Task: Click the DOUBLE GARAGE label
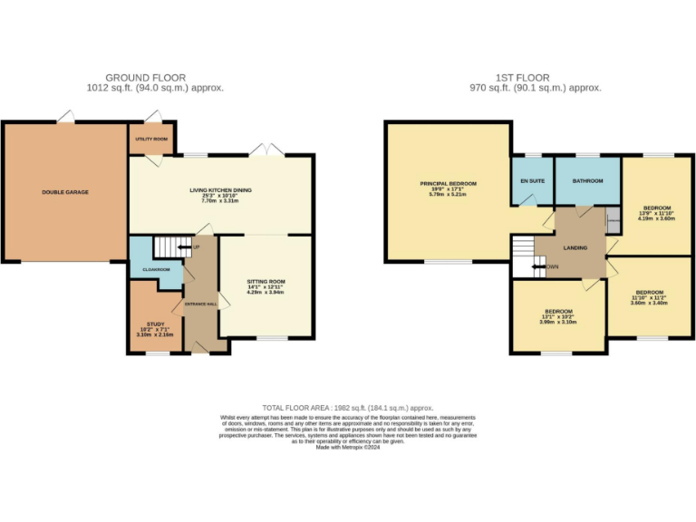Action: (x=65, y=192)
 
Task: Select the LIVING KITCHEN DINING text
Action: (x=220, y=189)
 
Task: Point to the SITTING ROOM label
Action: (x=266, y=282)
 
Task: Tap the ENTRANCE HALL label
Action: (x=199, y=304)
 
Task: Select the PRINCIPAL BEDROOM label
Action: (x=448, y=183)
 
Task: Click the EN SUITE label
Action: (x=532, y=180)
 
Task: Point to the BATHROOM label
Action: (x=587, y=180)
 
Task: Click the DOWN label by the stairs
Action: (x=551, y=266)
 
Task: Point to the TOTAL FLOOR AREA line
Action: (x=348, y=409)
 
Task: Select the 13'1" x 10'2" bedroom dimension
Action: (x=557, y=316)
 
